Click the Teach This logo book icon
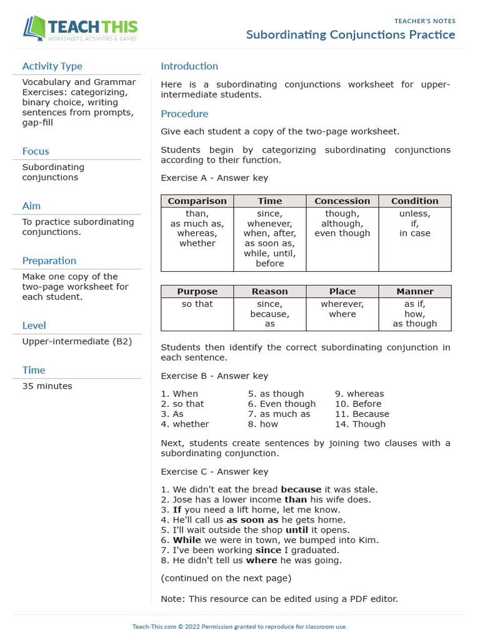coord(34,29)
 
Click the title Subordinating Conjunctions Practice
coord(351,34)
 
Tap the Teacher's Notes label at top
coord(424,21)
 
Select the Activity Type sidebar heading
coord(52,66)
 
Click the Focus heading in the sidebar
coord(35,151)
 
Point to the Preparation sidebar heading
coord(49,261)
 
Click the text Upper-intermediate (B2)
coord(77,341)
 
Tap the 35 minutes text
coord(47,386)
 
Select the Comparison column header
coord(197,201)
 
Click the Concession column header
coord(342,201)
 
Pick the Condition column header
coord(414,201)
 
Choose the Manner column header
coord(414,291)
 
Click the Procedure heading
coord(184,114)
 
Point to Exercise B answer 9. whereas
coord(359,394)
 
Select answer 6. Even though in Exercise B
coord(281,404)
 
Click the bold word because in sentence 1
coord(301,490)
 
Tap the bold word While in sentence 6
coord(186,540)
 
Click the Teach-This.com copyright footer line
coord(239,626)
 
